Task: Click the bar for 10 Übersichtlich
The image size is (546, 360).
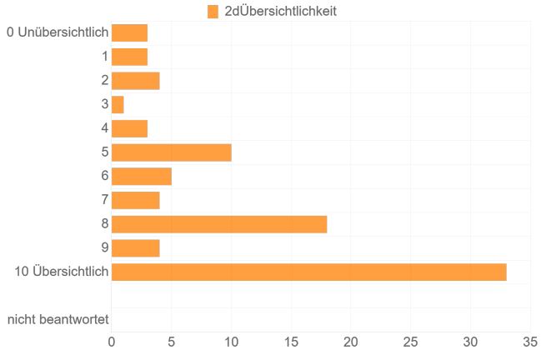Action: pos(308,272)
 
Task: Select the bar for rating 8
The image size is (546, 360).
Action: pos(219,224)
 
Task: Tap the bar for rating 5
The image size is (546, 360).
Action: pos(171,153)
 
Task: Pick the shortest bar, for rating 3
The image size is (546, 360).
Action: pos(118,105)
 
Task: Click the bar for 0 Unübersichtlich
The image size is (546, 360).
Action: pos(129,33)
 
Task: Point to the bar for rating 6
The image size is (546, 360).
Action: pos(141,177)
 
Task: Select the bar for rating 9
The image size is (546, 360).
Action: pos(135,248)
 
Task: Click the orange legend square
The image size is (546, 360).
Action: pos(213,12)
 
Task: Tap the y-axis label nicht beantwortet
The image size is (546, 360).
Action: pos(58,320)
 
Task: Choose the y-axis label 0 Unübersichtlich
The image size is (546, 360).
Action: pos(58,33)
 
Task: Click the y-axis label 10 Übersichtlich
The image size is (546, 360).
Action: pos(62,272)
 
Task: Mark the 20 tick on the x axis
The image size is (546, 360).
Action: pos(351,341)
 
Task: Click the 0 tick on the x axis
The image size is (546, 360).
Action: pos(112,341)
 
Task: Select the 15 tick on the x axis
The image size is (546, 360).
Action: pos(291,341)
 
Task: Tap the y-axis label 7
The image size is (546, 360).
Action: pos(105,201)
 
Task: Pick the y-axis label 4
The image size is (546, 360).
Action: pos(105,129)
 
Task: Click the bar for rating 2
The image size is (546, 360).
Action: pos(135,81)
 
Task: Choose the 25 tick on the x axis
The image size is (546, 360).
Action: pos(410,341)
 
